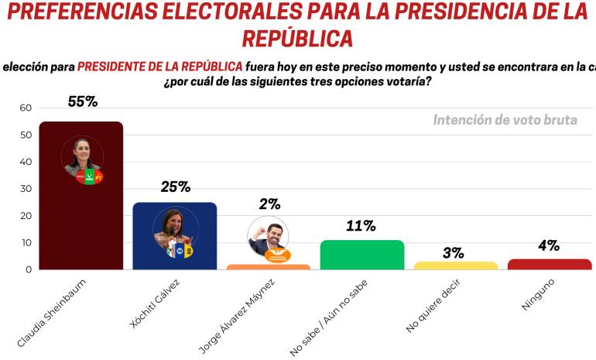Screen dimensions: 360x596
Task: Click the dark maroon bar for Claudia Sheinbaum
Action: [x=80, y=225]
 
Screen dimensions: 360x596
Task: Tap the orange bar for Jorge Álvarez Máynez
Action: [x=269, y=267]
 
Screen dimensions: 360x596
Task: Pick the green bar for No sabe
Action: [x=361, y=255]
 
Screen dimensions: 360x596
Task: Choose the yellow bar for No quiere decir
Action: [x=455, y=266]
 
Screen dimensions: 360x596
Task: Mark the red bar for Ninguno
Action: [x=549, y=264]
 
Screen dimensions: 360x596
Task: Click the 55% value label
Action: [x=81, y=101]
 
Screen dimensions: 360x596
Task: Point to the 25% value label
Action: [x=175, y=187]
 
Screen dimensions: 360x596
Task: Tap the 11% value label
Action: [x=361, y=226]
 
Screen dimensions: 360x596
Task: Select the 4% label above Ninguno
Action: [x=549, y=245]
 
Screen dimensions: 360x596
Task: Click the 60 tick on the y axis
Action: [x=25, y=108]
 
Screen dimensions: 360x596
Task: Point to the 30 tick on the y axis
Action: [x=25, y=189]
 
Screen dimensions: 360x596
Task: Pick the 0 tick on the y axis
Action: [x=28, y=269]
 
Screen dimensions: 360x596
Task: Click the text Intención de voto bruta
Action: [x=505, y=120]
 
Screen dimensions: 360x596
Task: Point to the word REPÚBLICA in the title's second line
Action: [x=297, y=39]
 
